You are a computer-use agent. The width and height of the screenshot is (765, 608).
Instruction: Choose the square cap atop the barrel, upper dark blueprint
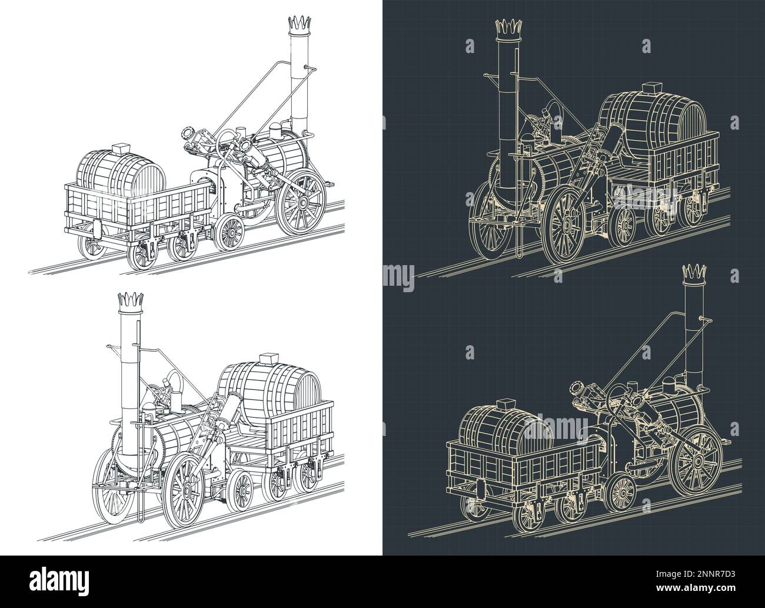653,88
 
